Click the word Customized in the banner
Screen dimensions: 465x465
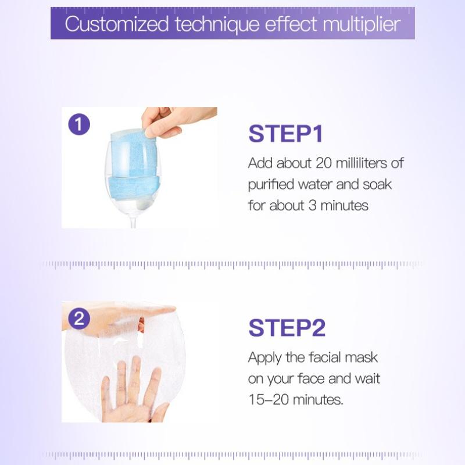[x=117, y=24]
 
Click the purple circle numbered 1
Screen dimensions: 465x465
[x=79, y=124]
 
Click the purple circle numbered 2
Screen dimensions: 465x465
[x=79, y=319]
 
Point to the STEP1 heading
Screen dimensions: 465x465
[x=285, y=134]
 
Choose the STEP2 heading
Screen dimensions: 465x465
[x=287, y=328]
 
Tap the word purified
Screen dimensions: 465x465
[x=271, y=185]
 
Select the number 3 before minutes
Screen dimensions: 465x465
[x=313, y=206]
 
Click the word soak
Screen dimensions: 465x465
[x=377, y=184]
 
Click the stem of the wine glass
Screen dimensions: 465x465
[x=134, y=221]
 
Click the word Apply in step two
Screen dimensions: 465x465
[x=264, y=358]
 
